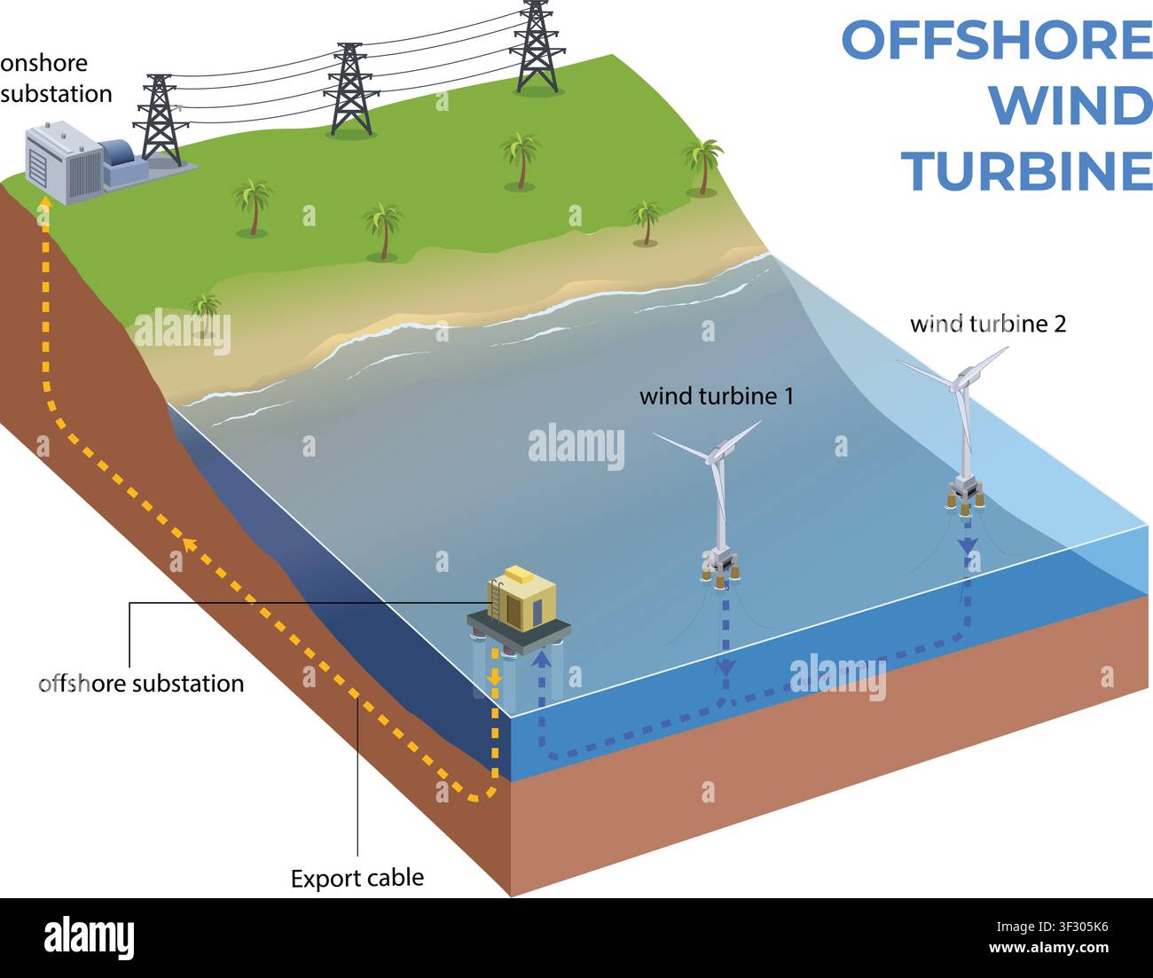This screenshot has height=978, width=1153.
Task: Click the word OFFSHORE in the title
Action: tap(997, 40)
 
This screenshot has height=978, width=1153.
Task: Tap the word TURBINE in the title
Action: tap(1027, 172)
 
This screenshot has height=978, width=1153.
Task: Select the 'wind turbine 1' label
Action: tap(717, 396)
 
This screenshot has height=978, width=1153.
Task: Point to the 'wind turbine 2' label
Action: tap(988, 324)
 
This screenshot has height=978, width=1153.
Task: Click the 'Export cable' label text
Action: tap(357, 879)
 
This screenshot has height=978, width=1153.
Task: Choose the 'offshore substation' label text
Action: tap(141, 684)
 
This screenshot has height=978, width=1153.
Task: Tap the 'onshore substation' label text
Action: tap(56, 79)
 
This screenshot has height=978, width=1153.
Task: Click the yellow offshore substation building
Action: tap(522, 599)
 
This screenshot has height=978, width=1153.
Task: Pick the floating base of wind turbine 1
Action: tap(720, 569)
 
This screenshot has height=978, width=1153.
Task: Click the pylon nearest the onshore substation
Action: tap(160, 120)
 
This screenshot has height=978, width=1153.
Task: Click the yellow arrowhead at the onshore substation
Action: tap(44, 201)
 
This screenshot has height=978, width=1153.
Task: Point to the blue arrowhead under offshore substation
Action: tap(540, 659)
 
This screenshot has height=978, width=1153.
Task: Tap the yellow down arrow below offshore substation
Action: tap(494, 679)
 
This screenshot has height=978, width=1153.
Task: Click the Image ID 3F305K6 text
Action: tap(1052, 927)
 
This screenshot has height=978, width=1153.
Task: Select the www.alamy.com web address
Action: tap(1048, 948)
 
